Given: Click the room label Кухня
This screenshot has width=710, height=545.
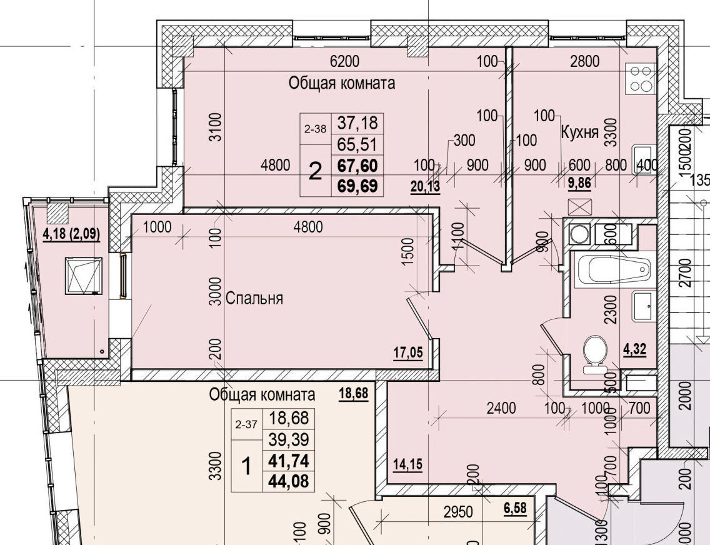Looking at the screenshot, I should pos(581,132).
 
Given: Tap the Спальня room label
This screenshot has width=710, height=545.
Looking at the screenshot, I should pos(254,298).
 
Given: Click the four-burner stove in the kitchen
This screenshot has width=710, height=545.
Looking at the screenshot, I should pos(640,79).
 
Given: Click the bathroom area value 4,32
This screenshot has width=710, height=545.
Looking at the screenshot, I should pos(634,349).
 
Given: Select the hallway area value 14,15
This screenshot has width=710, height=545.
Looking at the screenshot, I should pos(407,466).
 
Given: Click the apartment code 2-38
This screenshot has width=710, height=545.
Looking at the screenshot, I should pos(315,129).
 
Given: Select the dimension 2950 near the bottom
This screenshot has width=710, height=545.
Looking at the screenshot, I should pos(459,512).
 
